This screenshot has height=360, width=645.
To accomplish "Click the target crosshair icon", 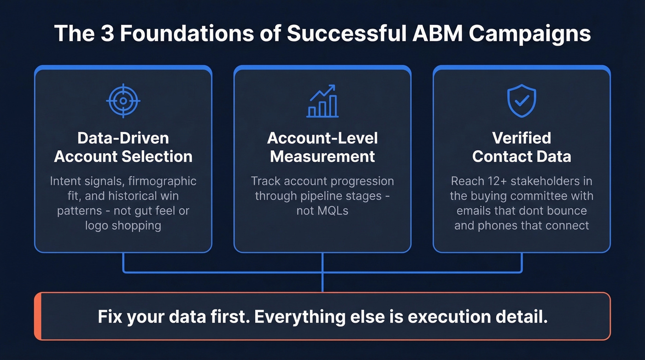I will tap(123, 100).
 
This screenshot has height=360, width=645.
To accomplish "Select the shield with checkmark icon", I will tap(522, 100).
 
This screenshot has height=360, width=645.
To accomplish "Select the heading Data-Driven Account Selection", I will tap(123, 147).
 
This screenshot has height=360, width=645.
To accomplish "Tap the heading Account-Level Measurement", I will tap(322, 147).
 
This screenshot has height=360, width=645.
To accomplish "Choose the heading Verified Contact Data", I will tap(522, 147).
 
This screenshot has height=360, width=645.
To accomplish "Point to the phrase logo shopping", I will tap(123, 225).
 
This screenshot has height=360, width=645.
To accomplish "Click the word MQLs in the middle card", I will tap(322, 211).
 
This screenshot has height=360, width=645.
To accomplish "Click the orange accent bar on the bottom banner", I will tap(38, 316).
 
